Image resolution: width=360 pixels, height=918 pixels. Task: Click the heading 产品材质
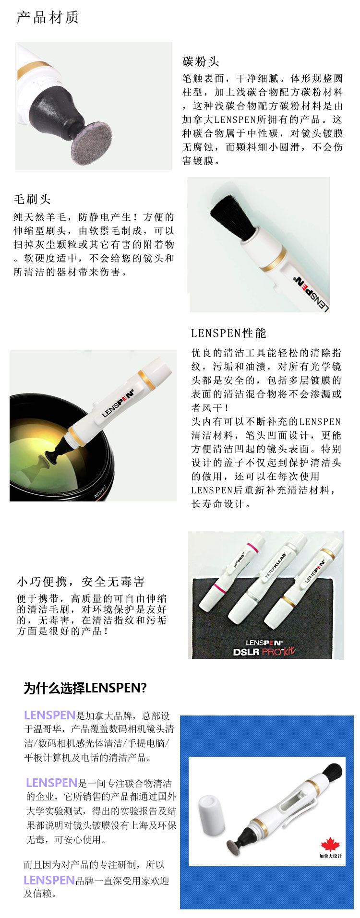[48, 17]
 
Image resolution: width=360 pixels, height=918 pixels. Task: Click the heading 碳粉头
[201, 61]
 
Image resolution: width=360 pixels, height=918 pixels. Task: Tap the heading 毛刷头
[32, 199]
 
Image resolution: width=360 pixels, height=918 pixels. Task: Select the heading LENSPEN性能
[228, 333]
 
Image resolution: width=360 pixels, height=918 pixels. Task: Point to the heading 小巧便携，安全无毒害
[81, 582]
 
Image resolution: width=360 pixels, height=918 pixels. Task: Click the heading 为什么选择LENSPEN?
[85, 688]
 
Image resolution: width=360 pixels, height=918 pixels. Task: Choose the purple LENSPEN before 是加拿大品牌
[49, 715]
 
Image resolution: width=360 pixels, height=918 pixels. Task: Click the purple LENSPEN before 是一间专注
[51, 783]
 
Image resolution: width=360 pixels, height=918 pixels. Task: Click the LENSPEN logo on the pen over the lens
[118, 402]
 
